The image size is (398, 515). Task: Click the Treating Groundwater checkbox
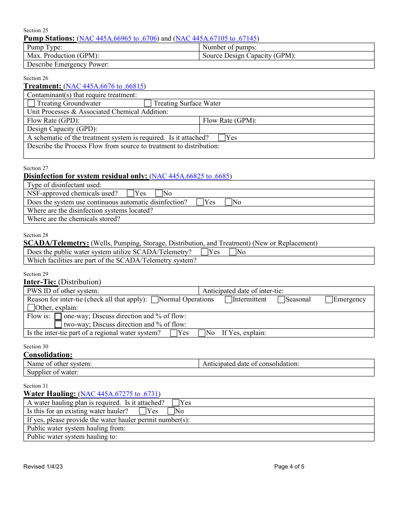pyautogui.click(x=31, y=103)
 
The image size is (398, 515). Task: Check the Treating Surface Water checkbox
pyautogui.click(x=147, y=103)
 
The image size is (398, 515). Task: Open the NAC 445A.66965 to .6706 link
pyautogui.click(x=119, y=39)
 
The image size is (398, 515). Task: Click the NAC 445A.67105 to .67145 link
pyautogui.click(x=216, y=39)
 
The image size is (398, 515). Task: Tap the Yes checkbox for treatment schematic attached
pyautogui.click(x=222, y=138)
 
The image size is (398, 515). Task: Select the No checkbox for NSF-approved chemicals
pyautogui.click(x=159, y=193)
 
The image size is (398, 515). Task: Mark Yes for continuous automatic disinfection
pyautogui.click(x=200, y=202)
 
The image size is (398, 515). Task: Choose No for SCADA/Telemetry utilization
pyautogui.click(x=233, y=252)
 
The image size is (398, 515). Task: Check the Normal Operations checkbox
pyautogui.click(x=155, y=300)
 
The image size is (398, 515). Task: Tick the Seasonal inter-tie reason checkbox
pyautogui.click(x=281, y=300)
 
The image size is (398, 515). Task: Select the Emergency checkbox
pyautogui.click(x=329, y=300)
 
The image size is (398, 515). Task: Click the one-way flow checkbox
pyautogui.click(x=58, y=317)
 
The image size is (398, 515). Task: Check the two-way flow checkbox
pyautogui.click(x=58, y=324)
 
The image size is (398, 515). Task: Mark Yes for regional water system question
pyautogui.click(x=173, y=333)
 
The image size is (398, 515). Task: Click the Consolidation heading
pyautogui.click(x=48, y=355)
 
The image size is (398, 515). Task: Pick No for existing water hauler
pyautogui.click(x=171, y=411)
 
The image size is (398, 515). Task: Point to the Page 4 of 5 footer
pyautogui.click(x=289, y=466)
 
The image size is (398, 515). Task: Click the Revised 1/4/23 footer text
pyautogui.click(x=43, y=466)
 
